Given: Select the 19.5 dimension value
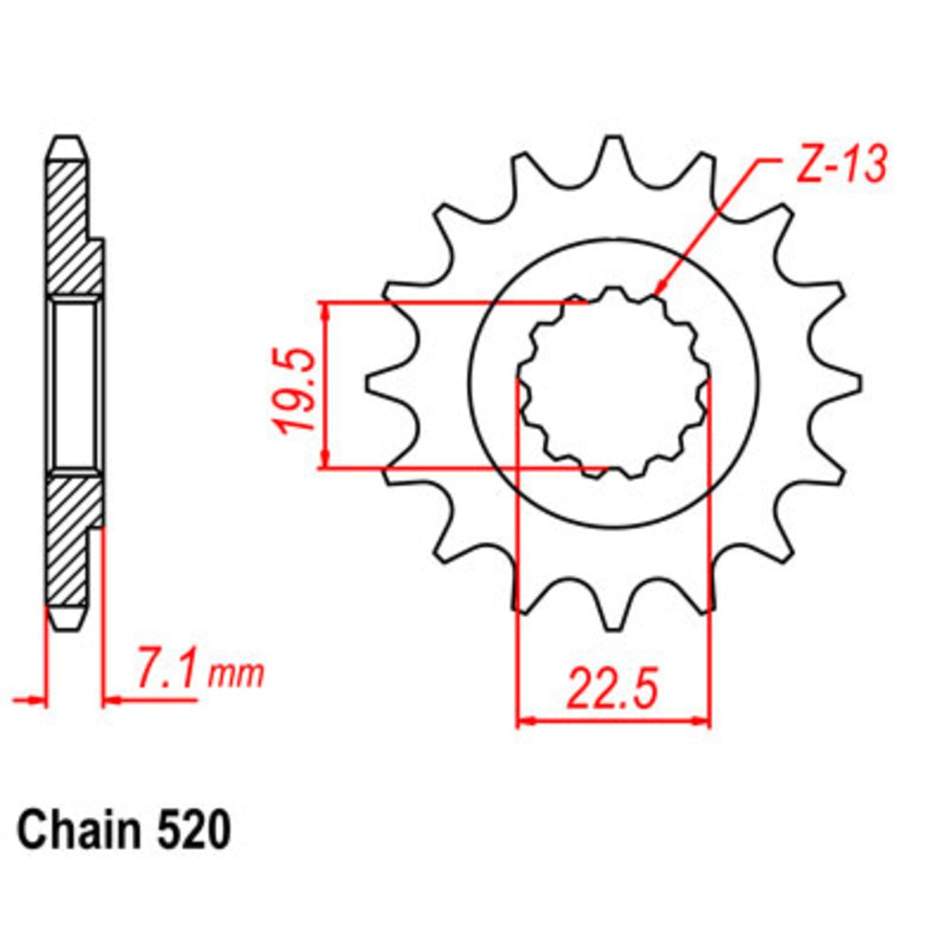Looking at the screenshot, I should (295, 390).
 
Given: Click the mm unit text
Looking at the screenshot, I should (235, 675).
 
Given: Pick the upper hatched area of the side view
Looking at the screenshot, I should (72, 228).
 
